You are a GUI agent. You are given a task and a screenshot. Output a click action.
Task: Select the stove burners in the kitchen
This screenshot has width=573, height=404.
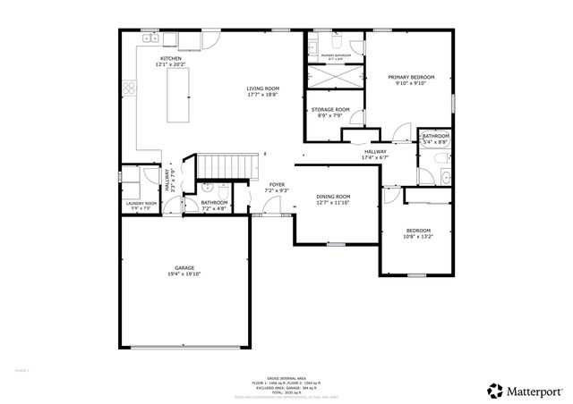[x=130, y=88]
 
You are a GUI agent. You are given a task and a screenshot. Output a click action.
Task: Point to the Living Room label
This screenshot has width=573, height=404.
[x=263, y=88]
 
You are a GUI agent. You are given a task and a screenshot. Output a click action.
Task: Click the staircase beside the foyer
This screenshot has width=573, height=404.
[x=219, y=165]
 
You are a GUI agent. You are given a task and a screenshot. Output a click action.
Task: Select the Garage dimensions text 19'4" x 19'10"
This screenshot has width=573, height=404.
[x=185, y=274]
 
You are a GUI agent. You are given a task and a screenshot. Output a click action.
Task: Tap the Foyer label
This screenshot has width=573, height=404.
[x=277, y=184]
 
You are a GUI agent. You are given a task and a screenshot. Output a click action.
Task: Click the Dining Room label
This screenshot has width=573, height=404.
[x=333, y=196]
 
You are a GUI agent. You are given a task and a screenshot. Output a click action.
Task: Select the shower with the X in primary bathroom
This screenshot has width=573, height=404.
[x=334, y=77]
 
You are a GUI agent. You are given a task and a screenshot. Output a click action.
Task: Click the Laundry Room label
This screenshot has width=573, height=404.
[x=141, y=204]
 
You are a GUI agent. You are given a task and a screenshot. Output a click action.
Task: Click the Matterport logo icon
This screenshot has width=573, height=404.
[x=493, y=390]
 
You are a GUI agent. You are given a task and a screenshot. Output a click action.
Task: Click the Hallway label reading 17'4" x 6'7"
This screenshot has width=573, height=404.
[x=375, y=157]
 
